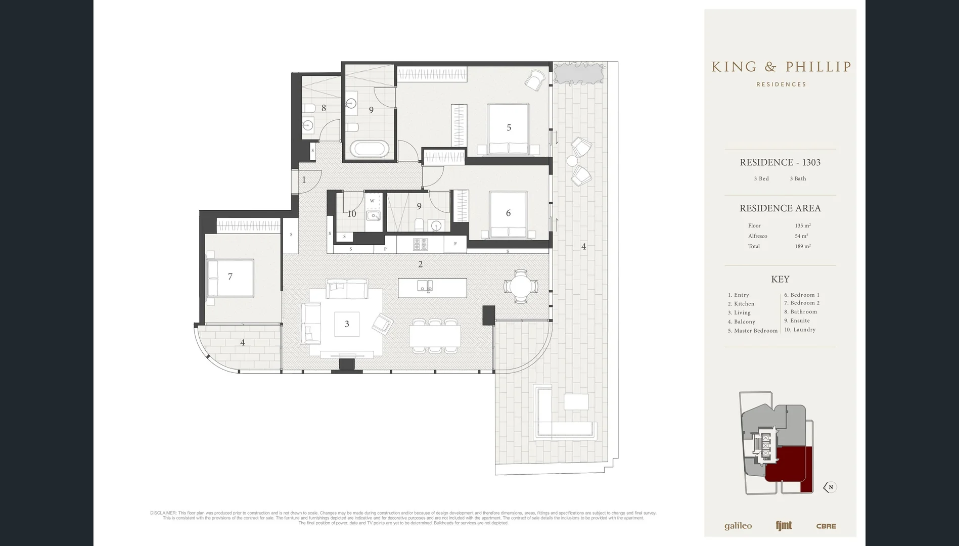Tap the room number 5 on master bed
pyautogui.click(x=509, y=128)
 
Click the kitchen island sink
pyautogui.click(x=425, y=286)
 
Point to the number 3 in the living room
pyautogui.click(x=347, y=324)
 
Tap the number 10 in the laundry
pyautogui.click(x=351, y=214)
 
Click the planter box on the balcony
pyautogui.click(x=579, y=73)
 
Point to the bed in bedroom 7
pyautogui.click(x=231, y=278)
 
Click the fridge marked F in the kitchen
pyautogui.click(x=455, y=244)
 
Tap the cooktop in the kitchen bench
pyautogui.click(x=420, y=245)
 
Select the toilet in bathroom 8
pyautogui.click(x=309, y=108)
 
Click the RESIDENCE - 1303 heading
pyautogui.click(x=780, y=162)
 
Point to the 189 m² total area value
pyautogui.click(x=802, y=246)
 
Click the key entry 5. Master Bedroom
pyautogui.click(x=752, y=331)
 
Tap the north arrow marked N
pyautogui.click(x=829, y=487)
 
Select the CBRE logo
pyautogui.click(x=826, y=526)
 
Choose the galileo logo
pyautogui.click(x=738, y=526)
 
